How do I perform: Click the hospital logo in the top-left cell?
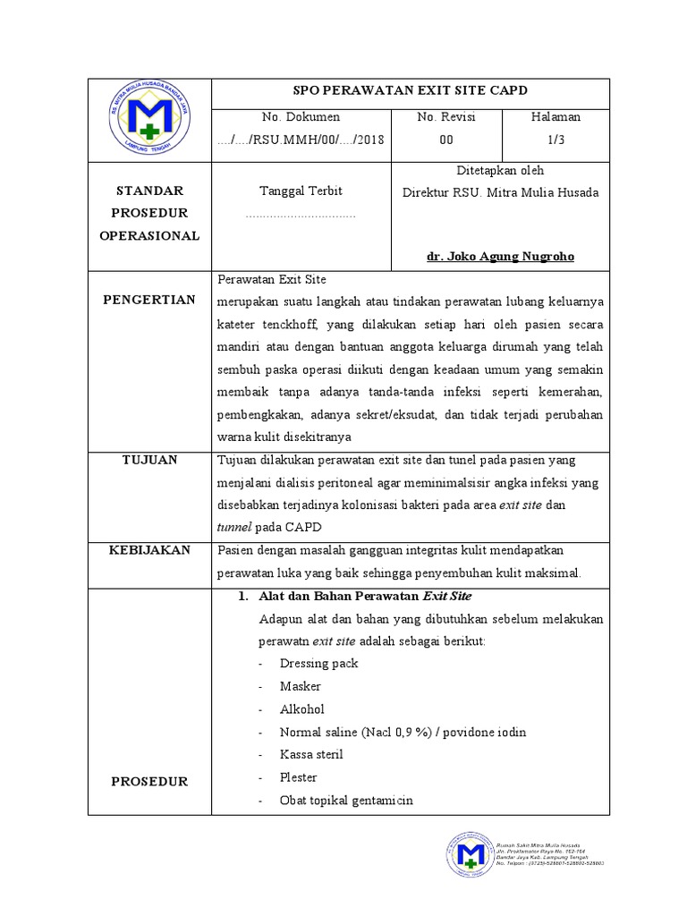(149, 121)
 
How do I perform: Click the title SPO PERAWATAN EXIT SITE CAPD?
(411, 91)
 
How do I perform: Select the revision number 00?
(445, 140)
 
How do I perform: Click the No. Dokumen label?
(300, 117)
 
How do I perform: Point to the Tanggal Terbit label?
(300, 191)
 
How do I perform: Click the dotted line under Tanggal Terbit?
(300, 216)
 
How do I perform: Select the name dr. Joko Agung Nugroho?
(500, 257)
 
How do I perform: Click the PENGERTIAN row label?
(148, 300)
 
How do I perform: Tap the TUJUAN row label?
(148, 460)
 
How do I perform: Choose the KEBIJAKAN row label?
(148, 550)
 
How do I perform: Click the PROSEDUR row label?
(148, 781)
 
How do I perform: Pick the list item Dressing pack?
(318, 663)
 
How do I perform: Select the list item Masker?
(300, 686)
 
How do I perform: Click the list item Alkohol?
(301, 708)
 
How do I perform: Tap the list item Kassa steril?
(310, 754)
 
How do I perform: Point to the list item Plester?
(298, 777)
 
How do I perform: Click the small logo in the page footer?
(468, 860)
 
